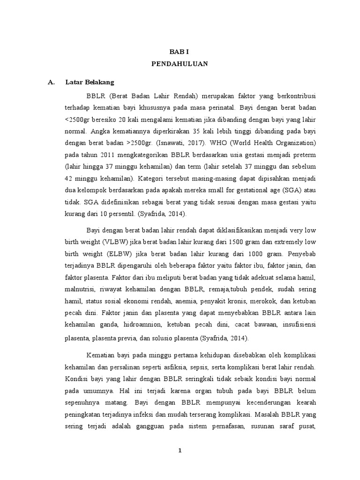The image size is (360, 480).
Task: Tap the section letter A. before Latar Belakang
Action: (x=52, y=82)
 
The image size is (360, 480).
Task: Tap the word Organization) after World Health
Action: (x=292, y=142)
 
